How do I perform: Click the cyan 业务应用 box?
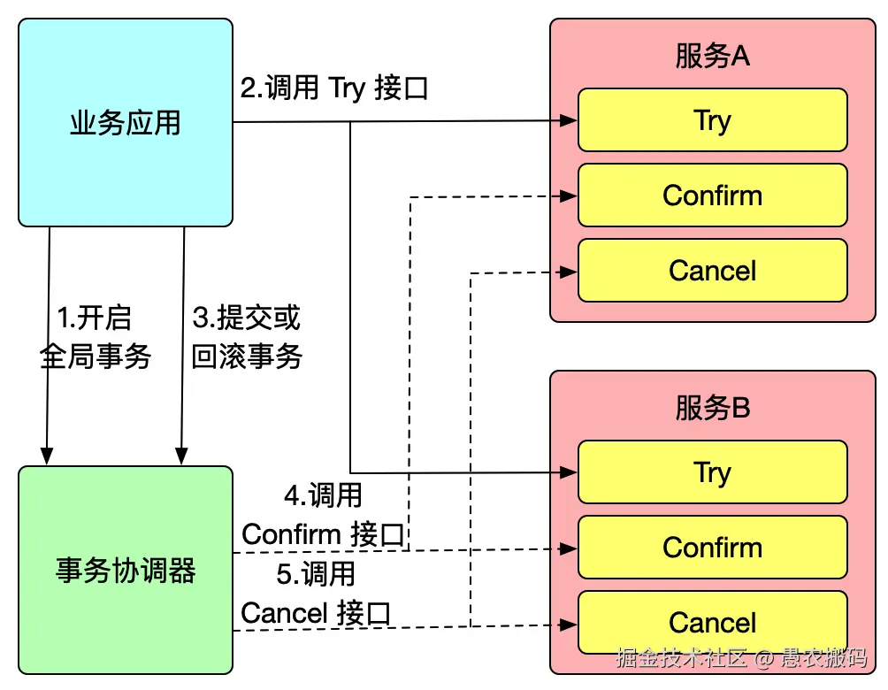pyautogui.click(x=125, y=123)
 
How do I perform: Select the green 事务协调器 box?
pyautogui.click(x=125, y=570)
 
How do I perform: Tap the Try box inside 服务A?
pyautogui.click(x=712, y=119)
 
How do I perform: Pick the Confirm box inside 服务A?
pyautogui.click(x=712, y=195)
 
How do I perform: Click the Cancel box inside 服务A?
pyautogui.click(x=712, y=270)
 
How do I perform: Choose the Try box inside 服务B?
pyautogui.click(x=712, y=471)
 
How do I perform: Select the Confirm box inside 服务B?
pyautogui.click(x=712, y=547)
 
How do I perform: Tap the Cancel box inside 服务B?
pyautogui.click(x=712, y=622)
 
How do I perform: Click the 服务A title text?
pyautogui.click(x=712, y=57)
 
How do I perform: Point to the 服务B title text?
pyautogui.click(x=712, y=408)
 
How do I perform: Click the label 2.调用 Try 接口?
pyautogui.click(x=334, y=88)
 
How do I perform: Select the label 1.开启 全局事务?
pyautogui.click(x=95, y=338)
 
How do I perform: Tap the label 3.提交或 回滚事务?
pyautogui.click(x=247, y=338)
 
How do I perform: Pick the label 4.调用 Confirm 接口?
pyautogui.click(x=323, y=515)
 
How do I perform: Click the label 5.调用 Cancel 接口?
pyautogui.click(x=316, y=594)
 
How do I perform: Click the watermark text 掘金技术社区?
pyautogui.click(x=682, y=658)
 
